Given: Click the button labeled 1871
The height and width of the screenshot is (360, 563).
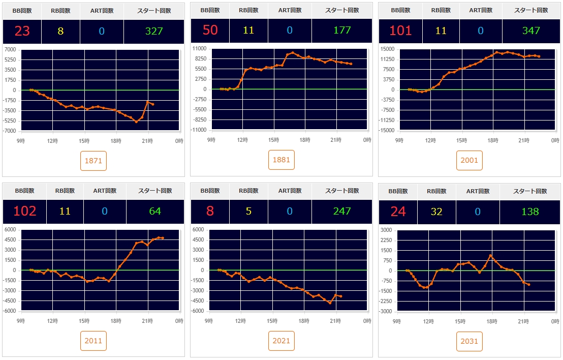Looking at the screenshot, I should point(93,161).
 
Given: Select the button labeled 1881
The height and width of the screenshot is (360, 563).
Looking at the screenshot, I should point(281,160).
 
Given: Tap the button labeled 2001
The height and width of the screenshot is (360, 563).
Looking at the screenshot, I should point(469,160).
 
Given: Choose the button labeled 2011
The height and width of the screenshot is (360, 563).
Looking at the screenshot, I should point(93,341).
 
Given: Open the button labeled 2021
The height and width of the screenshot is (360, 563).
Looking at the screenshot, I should point(281,341).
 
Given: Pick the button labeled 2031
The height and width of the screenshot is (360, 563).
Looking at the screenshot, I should point(469,341).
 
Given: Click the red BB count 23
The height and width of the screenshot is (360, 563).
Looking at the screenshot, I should point(22,31).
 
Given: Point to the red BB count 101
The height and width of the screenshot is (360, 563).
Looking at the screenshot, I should point(400,31).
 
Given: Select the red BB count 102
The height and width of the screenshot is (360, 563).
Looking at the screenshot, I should point(24,211).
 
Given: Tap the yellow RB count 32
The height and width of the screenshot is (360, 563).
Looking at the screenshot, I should point(436,211).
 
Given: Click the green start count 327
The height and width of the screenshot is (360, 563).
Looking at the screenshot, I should point(154,31).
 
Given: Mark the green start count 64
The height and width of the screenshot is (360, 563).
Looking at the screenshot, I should point(155,211).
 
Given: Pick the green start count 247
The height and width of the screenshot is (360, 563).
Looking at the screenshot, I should point(342,211).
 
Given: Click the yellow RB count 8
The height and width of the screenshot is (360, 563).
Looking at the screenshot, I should point(60,31).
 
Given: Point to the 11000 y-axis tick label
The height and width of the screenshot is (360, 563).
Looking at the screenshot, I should point(199,49).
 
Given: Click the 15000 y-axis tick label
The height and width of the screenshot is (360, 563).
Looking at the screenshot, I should point(387,49).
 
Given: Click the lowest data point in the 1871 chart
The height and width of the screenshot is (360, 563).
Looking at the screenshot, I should point(136,122).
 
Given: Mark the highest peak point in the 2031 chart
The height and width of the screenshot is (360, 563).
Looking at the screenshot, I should point(491,255).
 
